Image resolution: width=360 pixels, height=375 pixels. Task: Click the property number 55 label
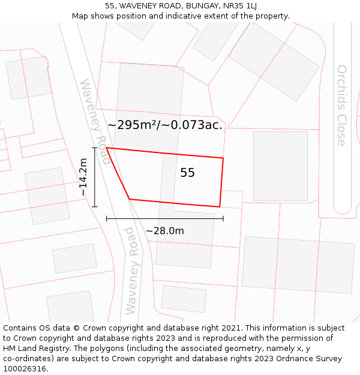[x=187, y=173]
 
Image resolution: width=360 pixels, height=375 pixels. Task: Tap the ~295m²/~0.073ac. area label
[x=165, y=125]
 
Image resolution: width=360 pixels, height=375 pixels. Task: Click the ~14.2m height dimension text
[x=83, y=177]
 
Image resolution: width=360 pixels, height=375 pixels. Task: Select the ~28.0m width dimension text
[x=164, y=231]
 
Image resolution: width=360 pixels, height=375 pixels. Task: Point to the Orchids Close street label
[x=341, y=106]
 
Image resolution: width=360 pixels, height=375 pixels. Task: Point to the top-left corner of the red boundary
[x=107, y=148]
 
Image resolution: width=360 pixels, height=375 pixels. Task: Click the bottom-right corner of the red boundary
[x=220, y=207]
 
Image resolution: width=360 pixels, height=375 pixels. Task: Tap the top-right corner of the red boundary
[x=223, y=158]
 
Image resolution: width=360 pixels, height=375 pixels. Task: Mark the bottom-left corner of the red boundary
[x=130, y=199]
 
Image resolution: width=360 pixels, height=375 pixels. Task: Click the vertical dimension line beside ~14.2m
[x=94, y=177]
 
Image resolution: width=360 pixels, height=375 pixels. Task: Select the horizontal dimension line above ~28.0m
[x=164, y=218]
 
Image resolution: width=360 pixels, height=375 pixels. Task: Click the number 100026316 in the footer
[x=24, y=368]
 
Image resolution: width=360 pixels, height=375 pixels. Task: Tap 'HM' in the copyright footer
[x=10, y=348]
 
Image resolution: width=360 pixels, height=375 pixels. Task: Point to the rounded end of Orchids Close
[x=342, y=208]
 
